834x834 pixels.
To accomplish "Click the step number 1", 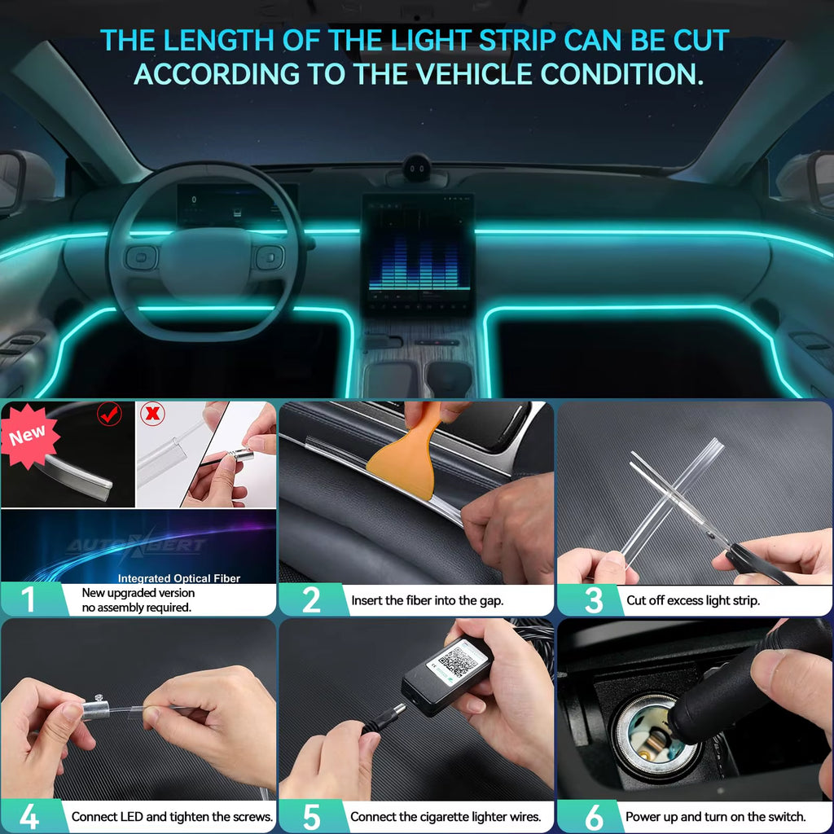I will click(29, 599).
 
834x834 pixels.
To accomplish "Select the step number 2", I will click(311, 599).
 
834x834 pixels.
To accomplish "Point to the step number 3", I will click(594, 599).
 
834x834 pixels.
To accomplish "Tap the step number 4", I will click(29, 816).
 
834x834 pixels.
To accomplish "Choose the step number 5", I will click(311, 816).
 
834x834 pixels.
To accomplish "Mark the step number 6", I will click(594, 816).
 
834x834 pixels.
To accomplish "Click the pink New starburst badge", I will click(29, 435).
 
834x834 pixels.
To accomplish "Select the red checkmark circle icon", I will click(109, 414).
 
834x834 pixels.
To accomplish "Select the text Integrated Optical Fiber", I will click(179, 578).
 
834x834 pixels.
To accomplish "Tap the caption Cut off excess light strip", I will click(693, 600).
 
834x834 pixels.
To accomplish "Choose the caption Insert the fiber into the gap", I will click(428, 600).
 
